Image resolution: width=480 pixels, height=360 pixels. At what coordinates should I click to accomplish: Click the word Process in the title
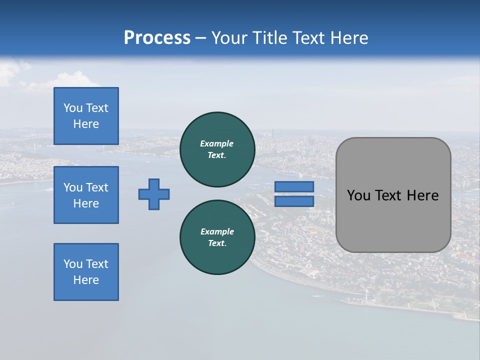[x=157, y=38]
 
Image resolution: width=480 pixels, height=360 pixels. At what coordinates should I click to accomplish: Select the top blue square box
[x=86, y=116]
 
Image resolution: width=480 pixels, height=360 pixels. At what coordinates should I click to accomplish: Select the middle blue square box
[x=86, y=195]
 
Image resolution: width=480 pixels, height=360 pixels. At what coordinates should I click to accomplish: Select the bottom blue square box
[x=86, y=272]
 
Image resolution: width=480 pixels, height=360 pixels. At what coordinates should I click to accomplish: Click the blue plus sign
[x=154, y=194]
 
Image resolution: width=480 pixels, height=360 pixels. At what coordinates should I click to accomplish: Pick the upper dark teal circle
[x=217, y=149]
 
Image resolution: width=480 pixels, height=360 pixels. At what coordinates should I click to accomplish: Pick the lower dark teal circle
[x=217, y=237]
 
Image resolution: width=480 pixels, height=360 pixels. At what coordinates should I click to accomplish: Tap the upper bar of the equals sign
[x=294, y=186]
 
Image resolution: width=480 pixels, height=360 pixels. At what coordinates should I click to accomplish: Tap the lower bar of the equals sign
[x=294, y=201]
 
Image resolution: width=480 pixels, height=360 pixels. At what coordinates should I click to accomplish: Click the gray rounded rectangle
[x=393, y=220]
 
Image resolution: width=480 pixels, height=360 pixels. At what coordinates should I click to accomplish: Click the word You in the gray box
[x=359, y=195]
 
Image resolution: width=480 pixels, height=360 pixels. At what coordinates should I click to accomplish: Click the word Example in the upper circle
[x=217, y=143]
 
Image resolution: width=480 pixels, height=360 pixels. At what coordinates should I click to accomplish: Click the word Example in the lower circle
[x=217, y=231]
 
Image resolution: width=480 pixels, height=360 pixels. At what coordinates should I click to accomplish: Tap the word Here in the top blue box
[x=86, y=124]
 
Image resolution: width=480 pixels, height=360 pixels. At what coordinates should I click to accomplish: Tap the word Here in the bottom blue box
[x=86, y=280]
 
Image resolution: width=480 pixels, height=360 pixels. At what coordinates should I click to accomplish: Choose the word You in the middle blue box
[x=73, y=187]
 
